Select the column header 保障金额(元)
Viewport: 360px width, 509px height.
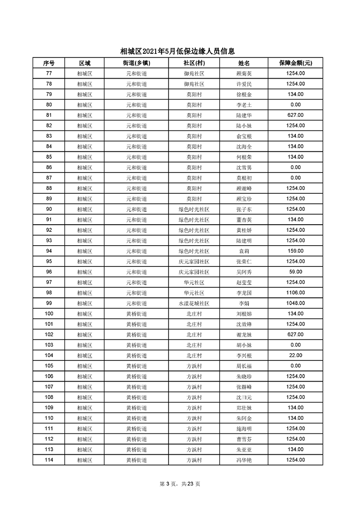tap(295, 63)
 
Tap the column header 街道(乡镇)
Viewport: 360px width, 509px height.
tap(137, 63)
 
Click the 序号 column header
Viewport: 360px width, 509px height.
tap(49, 63)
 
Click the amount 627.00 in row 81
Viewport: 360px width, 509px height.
tap(295, 115)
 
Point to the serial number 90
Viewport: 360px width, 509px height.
tap(49, 210)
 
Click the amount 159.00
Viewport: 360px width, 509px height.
tap(295, 251)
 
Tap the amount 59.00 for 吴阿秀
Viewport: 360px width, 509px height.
tap(295, 272)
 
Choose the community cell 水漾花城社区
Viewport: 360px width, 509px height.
tap(194, 303)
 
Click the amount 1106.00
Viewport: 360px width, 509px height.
tap(295, 293)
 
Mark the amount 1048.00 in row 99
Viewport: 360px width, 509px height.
tap(295, 303)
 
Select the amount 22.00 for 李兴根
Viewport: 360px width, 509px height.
tap(295, 356)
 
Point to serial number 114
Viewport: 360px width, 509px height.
tap(49, 460)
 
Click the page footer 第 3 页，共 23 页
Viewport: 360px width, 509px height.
tap(180, 484)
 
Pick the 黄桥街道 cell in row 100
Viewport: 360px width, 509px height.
tap(137, 314)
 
